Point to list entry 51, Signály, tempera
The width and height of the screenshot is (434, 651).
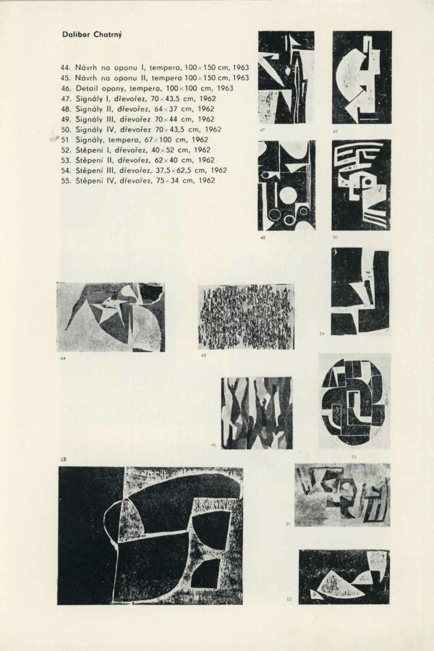point(135,140)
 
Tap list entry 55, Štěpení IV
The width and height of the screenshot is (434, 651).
point(138,181)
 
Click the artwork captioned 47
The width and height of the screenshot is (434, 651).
point(286,77)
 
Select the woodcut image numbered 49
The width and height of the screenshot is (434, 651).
point(362,77)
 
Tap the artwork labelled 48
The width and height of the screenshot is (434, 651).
point(286,185)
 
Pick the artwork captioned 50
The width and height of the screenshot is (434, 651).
point(361,185)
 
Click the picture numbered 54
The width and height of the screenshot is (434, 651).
point(360,291)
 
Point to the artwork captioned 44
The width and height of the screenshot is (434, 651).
point(111,318)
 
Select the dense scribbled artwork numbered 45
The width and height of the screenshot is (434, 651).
point(246,317)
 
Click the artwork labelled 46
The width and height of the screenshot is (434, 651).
point(257,412)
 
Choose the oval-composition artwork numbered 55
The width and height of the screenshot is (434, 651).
point(354,401)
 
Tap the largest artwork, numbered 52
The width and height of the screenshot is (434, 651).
point(150,535)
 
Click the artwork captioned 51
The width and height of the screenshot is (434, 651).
point(342,495)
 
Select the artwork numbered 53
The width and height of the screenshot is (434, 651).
point(344,576)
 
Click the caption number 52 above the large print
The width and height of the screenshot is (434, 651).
point(63,459)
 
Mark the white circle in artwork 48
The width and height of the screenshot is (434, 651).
point(288,195)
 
